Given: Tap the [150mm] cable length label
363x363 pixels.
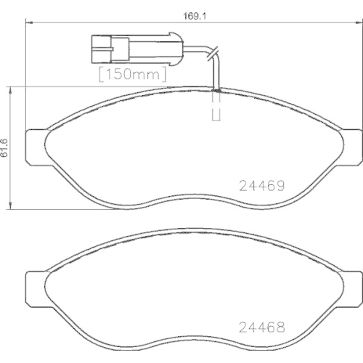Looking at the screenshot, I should [131, 73].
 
